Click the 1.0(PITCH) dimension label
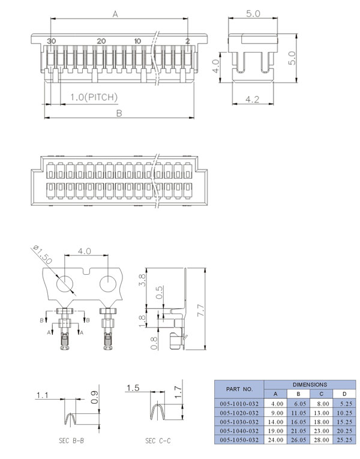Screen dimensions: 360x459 (x=94, y=97)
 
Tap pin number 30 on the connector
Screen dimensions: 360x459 (x=51, y=41)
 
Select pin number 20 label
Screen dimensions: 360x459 (x=101, y=41)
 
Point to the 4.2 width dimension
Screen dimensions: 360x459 (x=252, y=100)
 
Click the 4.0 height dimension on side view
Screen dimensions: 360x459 (x=216, y=66)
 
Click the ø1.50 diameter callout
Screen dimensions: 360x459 (x=43, y=254)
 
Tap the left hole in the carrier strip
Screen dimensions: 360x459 (x=65, y=284)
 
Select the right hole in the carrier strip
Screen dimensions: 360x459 (x=108, y=284)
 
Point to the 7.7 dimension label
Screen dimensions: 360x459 (x=201, y=310)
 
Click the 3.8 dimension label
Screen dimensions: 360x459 (x=142, y=280)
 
